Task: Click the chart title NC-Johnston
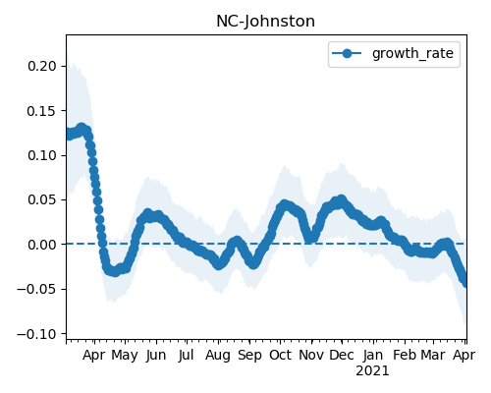[265, 22]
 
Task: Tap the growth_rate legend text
[412, 53]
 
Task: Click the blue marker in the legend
[347, 53]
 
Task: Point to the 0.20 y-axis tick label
[42, 66]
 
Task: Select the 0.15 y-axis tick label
[42, 111]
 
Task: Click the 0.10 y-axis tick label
[42, 155]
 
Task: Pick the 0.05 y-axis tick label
[42, 199]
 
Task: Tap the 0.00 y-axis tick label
[42, 245]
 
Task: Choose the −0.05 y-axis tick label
[37, 289]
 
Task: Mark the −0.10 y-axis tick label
[37, 334]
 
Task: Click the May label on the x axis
[125, 355]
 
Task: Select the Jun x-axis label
[156, 355]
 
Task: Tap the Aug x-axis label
[218, 356]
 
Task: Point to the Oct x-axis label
[280, 355]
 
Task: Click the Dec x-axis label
[342, 355]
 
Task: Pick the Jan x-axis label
[373, 355]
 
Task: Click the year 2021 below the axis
[372, 371]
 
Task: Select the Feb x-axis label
[405, 355]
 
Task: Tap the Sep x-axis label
[249, 356]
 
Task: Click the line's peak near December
[342, 199]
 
